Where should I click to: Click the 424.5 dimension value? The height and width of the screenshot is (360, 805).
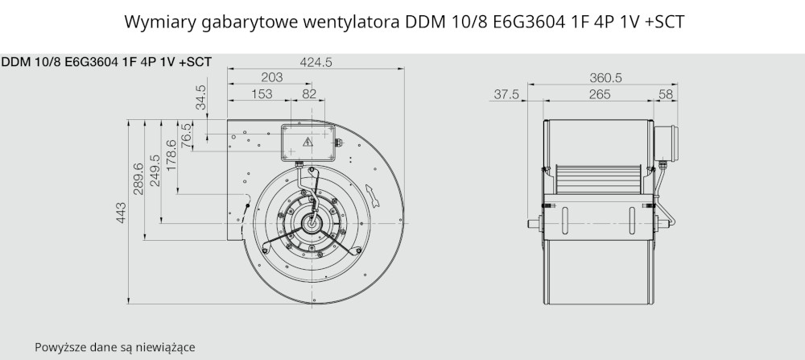(x=316, y=62)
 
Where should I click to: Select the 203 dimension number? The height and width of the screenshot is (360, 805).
(x=271, y=77)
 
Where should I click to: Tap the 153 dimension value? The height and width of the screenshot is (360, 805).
(x=262, y=94)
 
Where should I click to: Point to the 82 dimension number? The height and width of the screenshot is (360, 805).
(x=309, y=94)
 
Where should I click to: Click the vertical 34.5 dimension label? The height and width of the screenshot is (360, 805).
(x=200, y=97)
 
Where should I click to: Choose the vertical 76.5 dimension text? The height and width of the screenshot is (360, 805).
(x=186, y=134)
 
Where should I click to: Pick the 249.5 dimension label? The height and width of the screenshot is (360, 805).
(x=154, y=171)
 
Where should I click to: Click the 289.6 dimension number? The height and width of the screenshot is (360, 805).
(x=138, y=179)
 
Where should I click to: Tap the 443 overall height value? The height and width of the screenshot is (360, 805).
(x=122, y=213)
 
